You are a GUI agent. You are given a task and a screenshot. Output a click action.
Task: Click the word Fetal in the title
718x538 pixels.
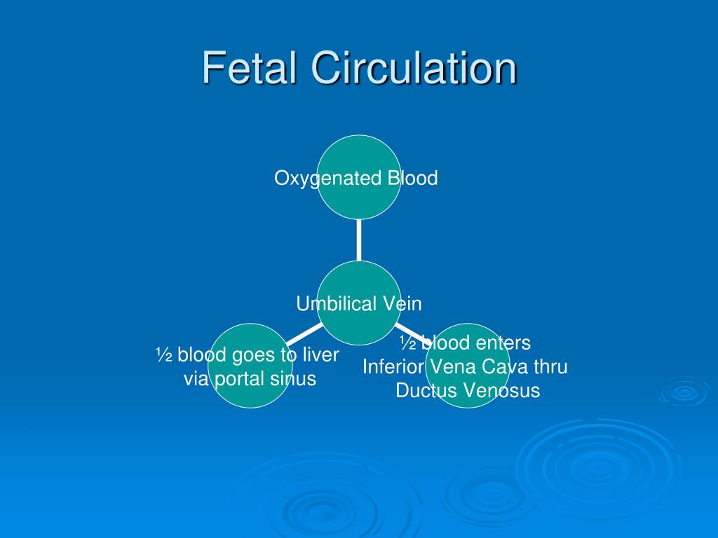coord(250,68)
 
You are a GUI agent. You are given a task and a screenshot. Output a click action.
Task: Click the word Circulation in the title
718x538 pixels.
coord(414,68)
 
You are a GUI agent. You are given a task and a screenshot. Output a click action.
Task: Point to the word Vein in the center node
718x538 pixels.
coord(402,303)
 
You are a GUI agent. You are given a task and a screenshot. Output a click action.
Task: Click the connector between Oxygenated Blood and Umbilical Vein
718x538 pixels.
coord(359,239)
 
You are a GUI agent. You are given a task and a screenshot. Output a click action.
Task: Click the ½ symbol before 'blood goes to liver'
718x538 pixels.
coord(164,355)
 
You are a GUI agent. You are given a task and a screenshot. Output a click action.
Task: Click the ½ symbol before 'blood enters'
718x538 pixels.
coord(408,343)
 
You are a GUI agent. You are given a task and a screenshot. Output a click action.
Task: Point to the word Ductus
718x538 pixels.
coord(422,391)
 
